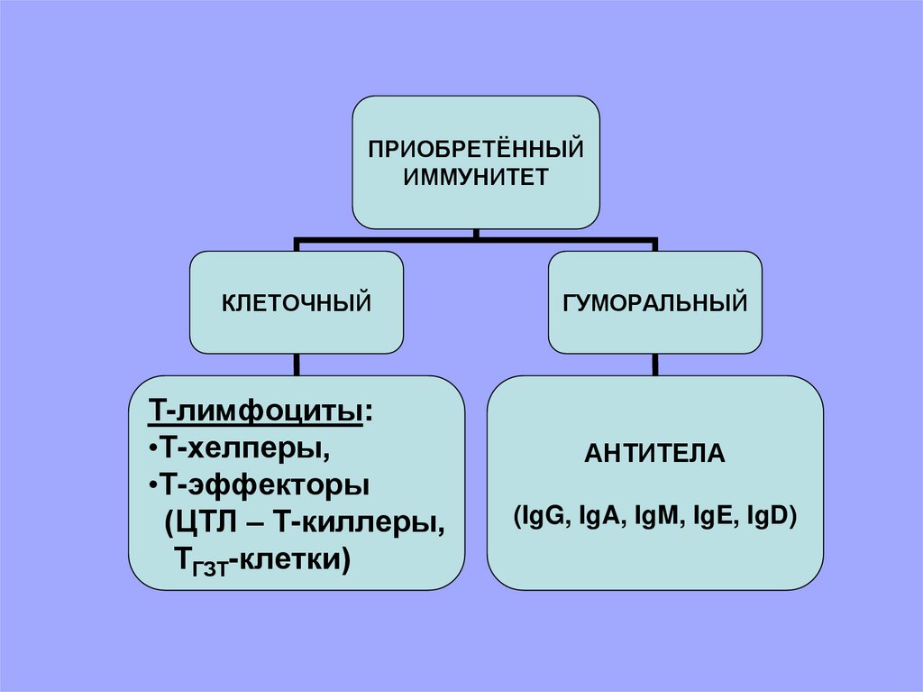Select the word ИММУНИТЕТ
coord(475,175)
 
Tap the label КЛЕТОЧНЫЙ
coord(297,302)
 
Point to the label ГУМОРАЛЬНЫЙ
coord(656,302)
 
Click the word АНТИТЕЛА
coord(655,453)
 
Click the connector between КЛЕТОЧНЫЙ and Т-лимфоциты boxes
coord(297,364)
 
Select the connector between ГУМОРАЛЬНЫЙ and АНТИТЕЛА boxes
coord(656,364)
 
